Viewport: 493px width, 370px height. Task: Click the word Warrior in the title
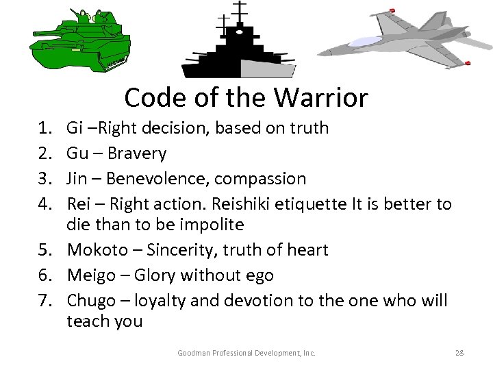pyautogui.click(x=321, y=98)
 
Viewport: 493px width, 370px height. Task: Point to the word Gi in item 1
pyautogui.click(x=74, y=128)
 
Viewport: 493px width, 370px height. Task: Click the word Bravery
pyautogui.click(x=140, y=153)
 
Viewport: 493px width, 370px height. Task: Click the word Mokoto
pyautogui.click(x=95, y=250)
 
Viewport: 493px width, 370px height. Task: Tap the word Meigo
pyautogui.click(x=90, y=276)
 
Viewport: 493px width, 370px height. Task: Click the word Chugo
pyautogui.click(x=91, y=301)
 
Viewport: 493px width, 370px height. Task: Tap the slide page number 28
pyautogui.click(x=459, y=353)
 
